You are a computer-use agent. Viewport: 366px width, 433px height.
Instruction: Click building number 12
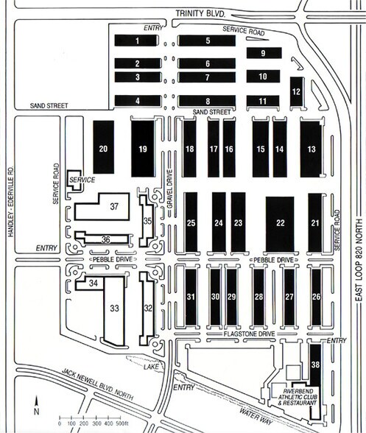point(296,91)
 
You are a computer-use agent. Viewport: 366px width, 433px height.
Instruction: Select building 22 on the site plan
point(280,222)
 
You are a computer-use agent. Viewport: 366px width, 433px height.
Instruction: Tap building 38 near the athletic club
point(315,365)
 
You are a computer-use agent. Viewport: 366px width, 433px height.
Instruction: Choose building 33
point(115,309)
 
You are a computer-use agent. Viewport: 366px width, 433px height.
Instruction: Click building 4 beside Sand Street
point(137,100)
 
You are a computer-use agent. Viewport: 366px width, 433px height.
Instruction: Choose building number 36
point(106,239)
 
